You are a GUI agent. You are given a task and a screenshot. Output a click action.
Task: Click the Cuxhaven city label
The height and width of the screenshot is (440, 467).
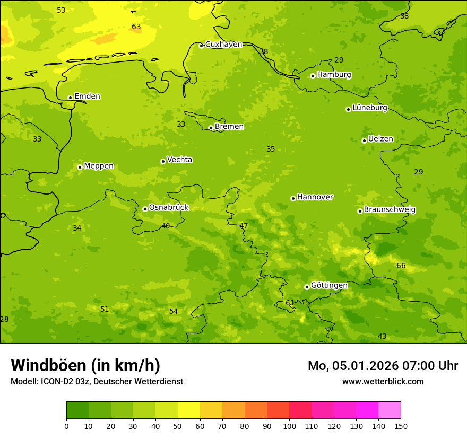tap(223, 45)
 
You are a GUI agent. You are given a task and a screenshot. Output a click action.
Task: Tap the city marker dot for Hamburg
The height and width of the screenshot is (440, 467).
tap(313, 76)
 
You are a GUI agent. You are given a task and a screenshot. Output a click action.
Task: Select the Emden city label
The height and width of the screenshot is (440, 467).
tap(87, 96)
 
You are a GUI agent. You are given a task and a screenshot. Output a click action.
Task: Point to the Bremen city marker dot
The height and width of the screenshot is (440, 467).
tap(211, 128)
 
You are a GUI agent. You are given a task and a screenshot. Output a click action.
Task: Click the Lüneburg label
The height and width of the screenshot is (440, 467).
tap(370, 108)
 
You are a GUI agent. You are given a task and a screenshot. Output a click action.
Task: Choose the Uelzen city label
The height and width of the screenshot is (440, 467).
tap(380, 139)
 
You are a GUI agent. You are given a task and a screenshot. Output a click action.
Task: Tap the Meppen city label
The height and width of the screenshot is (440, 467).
tap(99, 166)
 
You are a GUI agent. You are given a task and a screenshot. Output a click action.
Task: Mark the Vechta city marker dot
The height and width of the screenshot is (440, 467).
tap(163, 161)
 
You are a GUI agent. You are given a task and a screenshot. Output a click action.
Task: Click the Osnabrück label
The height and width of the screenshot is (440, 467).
tap(169, 208)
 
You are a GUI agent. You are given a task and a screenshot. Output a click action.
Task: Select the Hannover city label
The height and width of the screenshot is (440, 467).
tap(315, 197)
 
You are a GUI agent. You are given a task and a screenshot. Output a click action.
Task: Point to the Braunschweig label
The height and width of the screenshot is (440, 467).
tap(390, 210)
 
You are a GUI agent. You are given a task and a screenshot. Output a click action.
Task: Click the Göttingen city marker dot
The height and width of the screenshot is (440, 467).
tap(307, 287)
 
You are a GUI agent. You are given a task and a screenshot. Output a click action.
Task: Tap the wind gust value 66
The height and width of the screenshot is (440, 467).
tap(401, 266)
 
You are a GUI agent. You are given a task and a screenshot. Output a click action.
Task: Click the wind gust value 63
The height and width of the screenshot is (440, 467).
tap(136, 27)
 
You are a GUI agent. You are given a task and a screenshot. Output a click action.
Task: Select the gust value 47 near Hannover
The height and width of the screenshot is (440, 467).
tap(244, 226)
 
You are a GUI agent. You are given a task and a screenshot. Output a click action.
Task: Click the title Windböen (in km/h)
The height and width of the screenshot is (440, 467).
tap(85, 365)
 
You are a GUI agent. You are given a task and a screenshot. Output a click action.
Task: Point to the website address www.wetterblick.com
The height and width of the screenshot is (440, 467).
tap(383, 381)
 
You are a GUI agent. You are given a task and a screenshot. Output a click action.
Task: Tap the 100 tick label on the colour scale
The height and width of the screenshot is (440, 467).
tap(289, 426)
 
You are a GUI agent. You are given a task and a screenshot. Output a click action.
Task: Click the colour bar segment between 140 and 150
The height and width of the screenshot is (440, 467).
tap(390, 410)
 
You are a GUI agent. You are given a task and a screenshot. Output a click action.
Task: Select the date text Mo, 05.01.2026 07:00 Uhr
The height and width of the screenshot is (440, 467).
tap(383, 366)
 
